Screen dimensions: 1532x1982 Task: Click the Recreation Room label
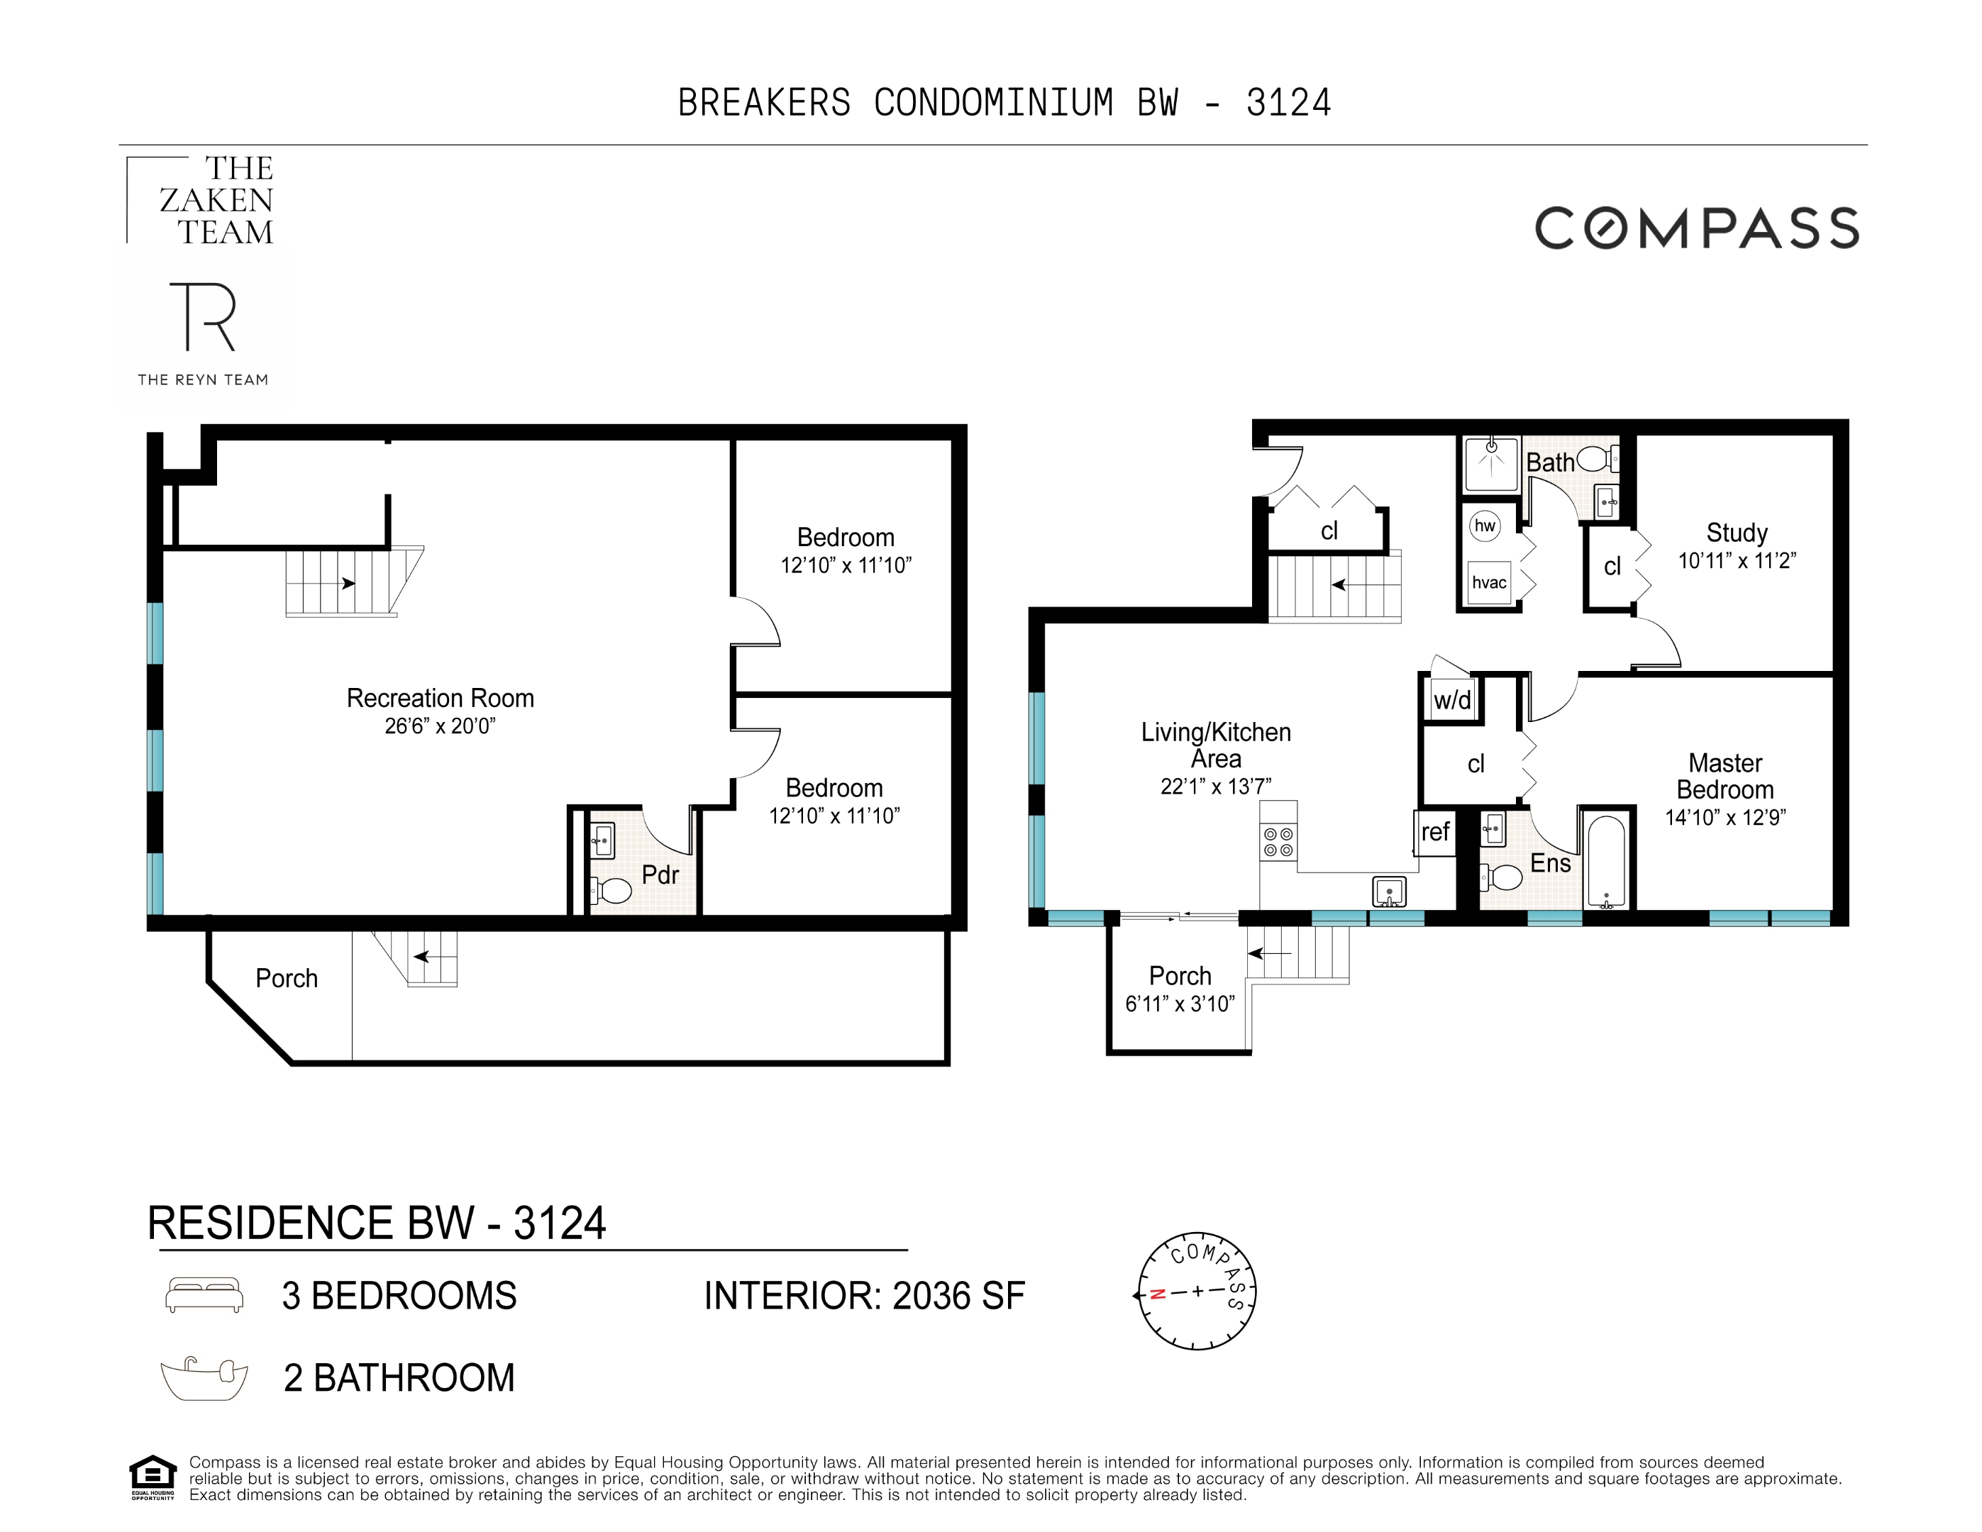tap(440, 698)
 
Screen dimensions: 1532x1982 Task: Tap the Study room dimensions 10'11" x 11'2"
tap(1736, 561)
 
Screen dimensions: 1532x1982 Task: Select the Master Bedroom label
tap(1724, 776)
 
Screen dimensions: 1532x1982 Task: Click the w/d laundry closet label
tap(1452, 700)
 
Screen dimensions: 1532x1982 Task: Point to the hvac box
tap(1489, 583)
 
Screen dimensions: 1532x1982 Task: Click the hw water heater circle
tap(1485, 526)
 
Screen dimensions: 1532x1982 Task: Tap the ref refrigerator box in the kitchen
tap(1435, 831)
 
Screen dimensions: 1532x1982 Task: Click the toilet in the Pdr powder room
tap(614, 890)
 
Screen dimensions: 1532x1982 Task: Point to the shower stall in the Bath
tap(1491, 463)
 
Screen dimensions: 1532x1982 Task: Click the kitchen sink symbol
tap(1388, 892)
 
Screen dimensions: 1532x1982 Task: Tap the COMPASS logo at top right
tap(1696, 228)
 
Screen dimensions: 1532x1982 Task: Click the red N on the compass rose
tap(1157, 1294)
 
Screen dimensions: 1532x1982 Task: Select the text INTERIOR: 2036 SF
tap(864, 1296)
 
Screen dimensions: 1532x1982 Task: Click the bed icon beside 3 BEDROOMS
tap(204, 1295)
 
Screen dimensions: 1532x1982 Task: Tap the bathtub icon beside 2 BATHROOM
tap(204, 1379)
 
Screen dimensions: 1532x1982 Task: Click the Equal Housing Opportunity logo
tap(153, 1477)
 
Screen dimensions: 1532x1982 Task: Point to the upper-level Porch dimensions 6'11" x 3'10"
tap(1180, 1004)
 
